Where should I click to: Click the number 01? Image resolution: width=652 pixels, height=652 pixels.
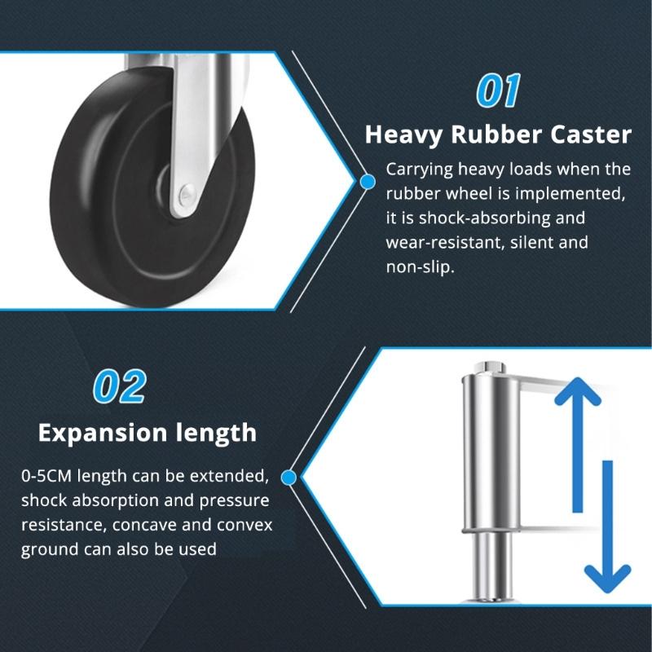click(x=497, y=92)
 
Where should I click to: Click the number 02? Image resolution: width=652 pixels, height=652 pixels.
click(x=119, y=386)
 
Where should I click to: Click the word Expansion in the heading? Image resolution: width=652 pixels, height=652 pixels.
click(x=108, y=432)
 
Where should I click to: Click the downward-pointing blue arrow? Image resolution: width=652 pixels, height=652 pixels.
click(x=606, y=530)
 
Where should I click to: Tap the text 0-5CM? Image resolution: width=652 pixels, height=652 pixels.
click(x=48, y=475)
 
